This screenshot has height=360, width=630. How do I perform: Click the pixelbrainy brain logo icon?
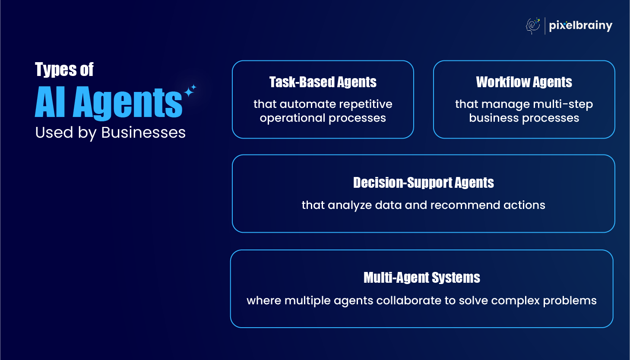tap(533, 26)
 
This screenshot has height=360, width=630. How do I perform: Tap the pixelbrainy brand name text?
tap(580, 26)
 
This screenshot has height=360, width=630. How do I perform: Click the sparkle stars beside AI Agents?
tap(190, 91)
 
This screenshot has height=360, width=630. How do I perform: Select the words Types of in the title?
tap(64, 70)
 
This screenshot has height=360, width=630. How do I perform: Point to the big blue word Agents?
tap(128, 103)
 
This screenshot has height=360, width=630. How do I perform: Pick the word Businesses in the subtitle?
tap(143, 133)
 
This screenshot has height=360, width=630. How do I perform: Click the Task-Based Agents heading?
tap(323, 82)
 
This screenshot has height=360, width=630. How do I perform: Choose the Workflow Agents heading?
tap(524, 82)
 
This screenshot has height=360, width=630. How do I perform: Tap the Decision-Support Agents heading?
tap(423, 183)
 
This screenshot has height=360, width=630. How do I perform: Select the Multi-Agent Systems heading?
tap(421, 278)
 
